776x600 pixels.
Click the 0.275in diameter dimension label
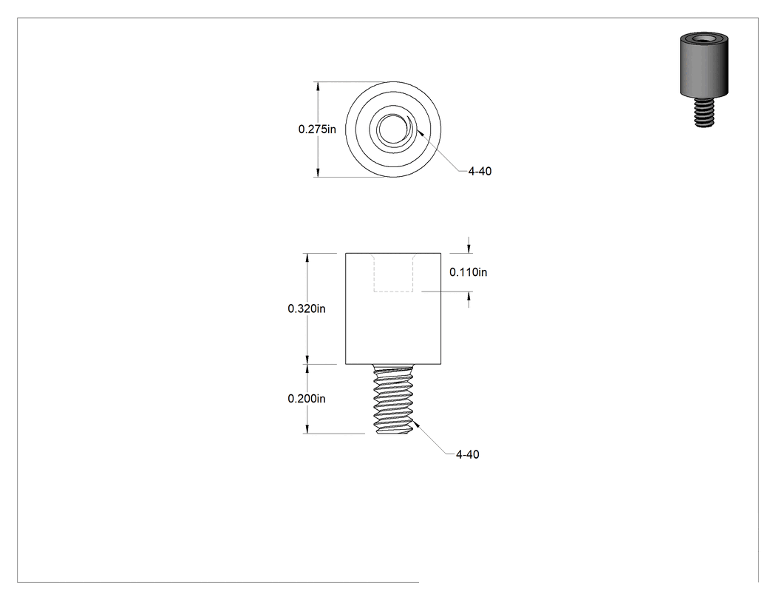(317, 129)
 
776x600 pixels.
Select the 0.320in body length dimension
(307, 309)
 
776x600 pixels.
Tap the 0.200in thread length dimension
(307, 399)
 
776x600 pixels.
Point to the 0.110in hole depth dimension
(468, 272)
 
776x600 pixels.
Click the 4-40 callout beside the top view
(480, 172)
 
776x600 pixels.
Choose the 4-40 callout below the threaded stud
(467, 454)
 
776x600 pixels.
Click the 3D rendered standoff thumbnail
(704, 80)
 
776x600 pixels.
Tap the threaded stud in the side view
(393, 400)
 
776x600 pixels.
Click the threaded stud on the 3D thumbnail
(704, 112)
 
